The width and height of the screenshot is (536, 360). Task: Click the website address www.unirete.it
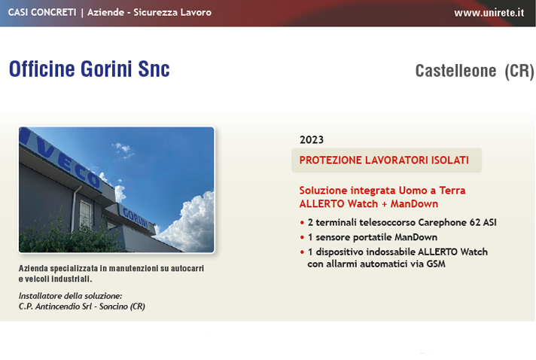point(489,13)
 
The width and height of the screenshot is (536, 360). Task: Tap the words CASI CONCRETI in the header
point(42,12)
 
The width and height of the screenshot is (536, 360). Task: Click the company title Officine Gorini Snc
point(90,69)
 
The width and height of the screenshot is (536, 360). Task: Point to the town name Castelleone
point(455,71)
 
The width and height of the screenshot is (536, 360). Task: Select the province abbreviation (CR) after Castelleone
point(519,72)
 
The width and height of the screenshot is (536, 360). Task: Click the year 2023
point(312,140)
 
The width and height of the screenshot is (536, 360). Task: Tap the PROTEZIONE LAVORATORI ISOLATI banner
point(386,160)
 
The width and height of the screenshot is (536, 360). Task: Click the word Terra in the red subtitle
point(452,191)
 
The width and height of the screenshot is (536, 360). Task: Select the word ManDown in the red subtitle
point(414,204)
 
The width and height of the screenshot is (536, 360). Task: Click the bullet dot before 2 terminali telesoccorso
point(302,223)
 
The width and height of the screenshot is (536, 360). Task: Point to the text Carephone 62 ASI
point(458,223)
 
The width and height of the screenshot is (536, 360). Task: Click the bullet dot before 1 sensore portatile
point(302,237)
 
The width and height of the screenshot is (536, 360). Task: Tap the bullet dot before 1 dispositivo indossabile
point(302,252)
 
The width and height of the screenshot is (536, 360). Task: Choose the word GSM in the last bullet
point(436,264)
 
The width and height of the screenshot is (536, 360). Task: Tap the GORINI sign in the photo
point(136,218)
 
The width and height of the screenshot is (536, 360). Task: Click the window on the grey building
point(86,215)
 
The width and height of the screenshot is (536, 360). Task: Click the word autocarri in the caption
point(187,268)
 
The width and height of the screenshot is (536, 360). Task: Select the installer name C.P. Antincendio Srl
point(56,307)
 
